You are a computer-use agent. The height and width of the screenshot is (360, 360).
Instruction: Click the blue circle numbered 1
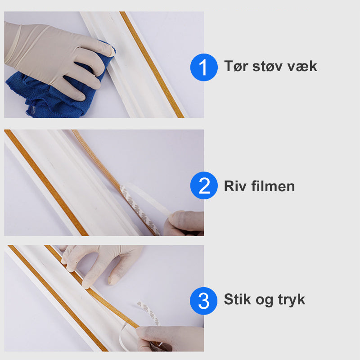[x=204, y=67]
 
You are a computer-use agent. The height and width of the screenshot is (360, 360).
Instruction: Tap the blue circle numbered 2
[x=204, y=186]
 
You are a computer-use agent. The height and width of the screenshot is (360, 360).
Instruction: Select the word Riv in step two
[x=234, y=186]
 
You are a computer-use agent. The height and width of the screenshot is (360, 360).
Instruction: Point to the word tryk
[x=291, y=300]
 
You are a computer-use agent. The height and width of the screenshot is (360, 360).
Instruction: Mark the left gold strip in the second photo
[x=45, y=180]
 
